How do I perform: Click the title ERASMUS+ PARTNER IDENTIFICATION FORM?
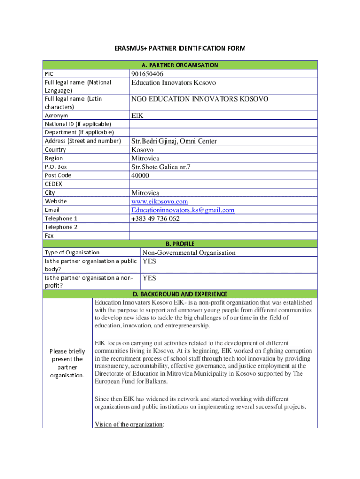(180, 48)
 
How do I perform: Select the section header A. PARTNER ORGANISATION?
(180, 65)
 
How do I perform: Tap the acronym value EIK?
(137, 116)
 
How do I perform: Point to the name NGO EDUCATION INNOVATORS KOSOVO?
(200, 99)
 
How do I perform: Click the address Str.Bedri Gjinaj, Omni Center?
(174, 141)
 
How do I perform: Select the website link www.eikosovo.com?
(159, 202)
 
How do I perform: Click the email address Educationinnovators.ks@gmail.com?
(183, 210)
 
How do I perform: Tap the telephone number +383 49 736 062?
(155, 218)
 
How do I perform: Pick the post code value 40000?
(140, 175)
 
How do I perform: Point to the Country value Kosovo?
(142, 150)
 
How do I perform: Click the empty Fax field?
(223, 236)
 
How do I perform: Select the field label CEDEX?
(53, 184)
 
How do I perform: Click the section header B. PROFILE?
(180, 244)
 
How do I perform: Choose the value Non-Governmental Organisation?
(189, 253)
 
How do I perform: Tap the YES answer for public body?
(149, 261)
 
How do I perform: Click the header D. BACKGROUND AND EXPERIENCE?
(180, 294)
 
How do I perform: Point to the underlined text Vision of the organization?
(129, 424)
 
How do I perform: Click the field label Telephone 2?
(61, 227)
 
